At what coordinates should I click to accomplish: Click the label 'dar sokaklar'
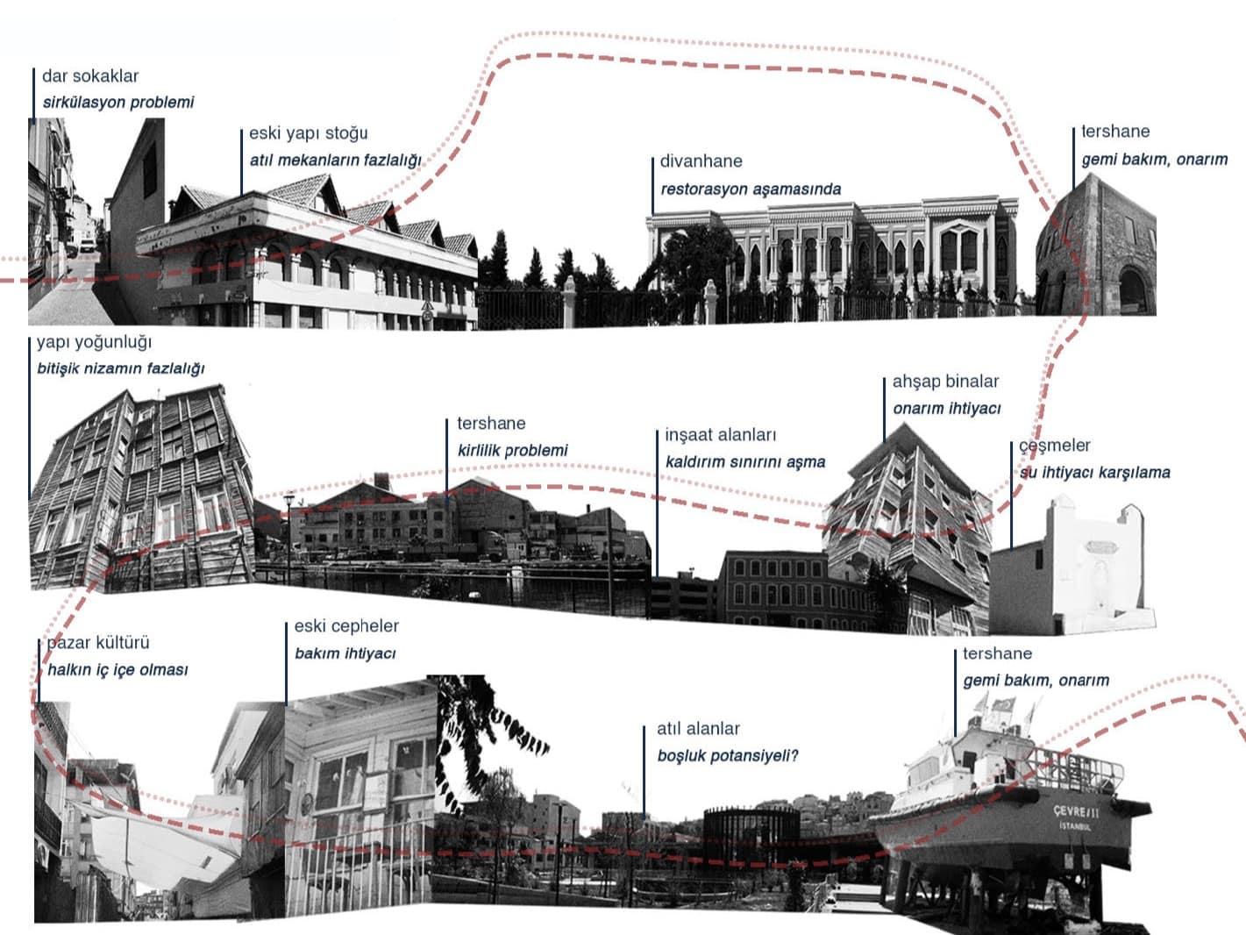[90, 76]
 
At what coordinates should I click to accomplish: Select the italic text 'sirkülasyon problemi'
[118, 103]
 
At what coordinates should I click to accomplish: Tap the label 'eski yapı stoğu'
[309, 133]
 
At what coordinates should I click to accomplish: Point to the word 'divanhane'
[701, 161]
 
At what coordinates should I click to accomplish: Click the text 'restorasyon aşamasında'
[751, 189]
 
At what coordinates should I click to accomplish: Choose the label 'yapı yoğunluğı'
[94, 342]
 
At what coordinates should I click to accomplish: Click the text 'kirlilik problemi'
[513, 451]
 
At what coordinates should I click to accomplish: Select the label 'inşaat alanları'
[721, 435]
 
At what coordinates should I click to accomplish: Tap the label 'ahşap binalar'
[946, 382]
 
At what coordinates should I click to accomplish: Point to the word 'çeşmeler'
[1055, 446]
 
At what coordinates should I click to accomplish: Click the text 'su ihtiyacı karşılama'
[1095, 473]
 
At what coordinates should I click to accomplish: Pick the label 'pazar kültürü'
[98, 643]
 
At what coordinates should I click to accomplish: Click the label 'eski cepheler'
[346, 626]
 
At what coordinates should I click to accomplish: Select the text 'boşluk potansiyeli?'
[728, 756]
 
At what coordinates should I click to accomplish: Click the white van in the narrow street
[87, 246]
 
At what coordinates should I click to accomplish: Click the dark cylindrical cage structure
[751, 832]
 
